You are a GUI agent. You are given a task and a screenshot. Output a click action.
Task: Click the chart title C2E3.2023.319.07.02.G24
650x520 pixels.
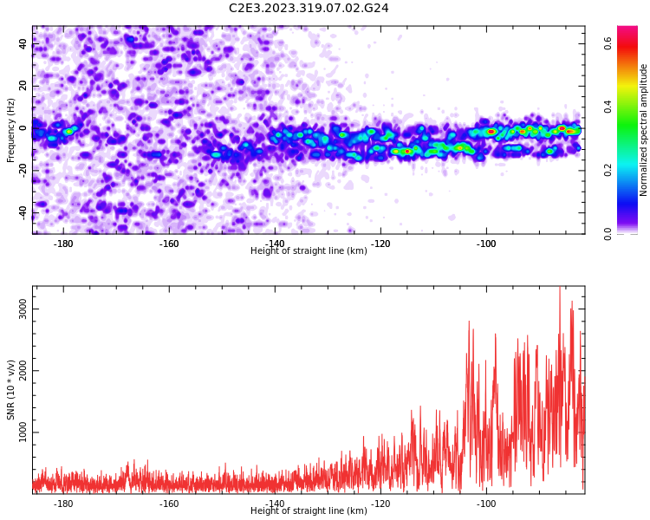[x=309, y=9]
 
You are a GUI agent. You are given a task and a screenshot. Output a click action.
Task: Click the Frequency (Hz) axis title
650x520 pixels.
[x=10, y=130]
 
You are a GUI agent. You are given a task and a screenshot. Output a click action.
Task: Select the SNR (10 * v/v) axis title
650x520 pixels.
[x=10, y=390]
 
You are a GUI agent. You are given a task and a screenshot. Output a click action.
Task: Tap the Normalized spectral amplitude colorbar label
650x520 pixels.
[x=643, y=130]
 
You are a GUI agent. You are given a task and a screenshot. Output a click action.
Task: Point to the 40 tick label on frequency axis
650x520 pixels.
[x=23, y=43]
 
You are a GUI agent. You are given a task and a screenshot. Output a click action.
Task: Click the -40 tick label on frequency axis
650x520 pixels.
[x=23, y=212]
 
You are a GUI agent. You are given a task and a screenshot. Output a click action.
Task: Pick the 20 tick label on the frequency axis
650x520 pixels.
[x=23, y=86]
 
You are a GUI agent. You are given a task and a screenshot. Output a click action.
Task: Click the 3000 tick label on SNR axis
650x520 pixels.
[x=23, y=309]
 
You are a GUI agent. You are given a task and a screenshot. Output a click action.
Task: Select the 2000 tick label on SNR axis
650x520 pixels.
[x=23, y=370]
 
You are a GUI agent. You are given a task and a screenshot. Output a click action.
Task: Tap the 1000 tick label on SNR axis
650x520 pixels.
[x=23, y=432]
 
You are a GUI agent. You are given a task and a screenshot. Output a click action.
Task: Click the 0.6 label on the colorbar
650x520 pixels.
[x=608, y=43]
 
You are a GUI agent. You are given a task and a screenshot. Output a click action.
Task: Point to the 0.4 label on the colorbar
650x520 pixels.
[x=608, y=107]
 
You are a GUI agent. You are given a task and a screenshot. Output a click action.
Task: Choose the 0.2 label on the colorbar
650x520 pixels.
[x=608, y=170]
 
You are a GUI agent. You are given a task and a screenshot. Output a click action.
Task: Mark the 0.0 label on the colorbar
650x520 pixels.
[x=608, y=233]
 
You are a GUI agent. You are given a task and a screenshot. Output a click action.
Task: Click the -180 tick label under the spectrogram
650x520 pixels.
[x=63, y=244]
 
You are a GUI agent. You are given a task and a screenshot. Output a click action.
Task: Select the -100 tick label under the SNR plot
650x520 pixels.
[x=486, y=504]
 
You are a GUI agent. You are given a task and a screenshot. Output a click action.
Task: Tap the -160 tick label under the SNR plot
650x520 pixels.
[x=169, y=504]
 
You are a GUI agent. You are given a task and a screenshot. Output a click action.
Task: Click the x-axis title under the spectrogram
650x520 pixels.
[x=309, y=250]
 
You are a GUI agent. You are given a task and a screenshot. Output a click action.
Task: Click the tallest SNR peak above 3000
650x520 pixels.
[x=560, y=288]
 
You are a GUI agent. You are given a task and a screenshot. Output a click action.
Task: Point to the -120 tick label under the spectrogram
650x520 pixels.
[x=380, y=244]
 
